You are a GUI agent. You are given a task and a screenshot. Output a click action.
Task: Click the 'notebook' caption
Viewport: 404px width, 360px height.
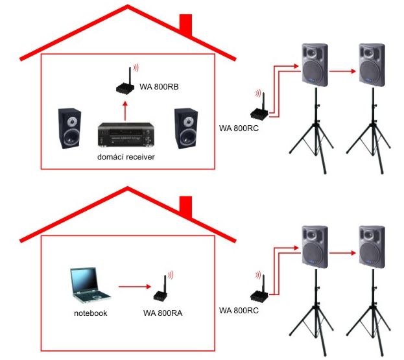point(90,313)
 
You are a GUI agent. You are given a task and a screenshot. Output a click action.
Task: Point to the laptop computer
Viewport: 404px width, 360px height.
point(89,285)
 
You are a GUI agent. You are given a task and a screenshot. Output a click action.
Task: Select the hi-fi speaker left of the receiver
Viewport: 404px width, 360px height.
point(71,127)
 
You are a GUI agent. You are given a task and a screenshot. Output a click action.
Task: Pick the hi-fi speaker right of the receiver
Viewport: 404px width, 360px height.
point(185,127)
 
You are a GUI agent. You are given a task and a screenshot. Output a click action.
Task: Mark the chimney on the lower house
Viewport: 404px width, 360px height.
point(186,207)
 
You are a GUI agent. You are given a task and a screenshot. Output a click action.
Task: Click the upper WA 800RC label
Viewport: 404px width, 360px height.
point(239,128)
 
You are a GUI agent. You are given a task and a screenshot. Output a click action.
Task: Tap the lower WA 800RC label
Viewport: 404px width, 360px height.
point(239,310)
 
